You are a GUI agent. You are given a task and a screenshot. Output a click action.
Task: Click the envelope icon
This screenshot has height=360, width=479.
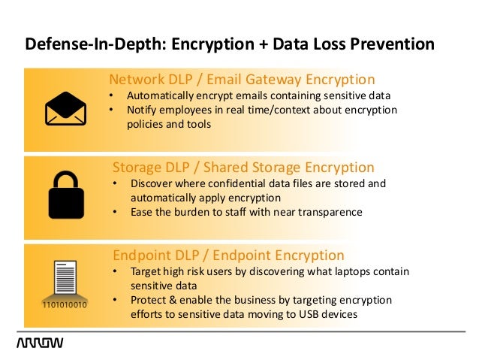(66, 108)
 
